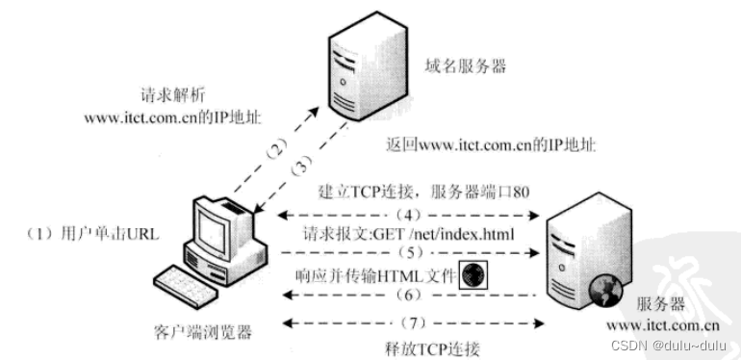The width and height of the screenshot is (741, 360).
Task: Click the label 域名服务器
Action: click(x=464, y=67)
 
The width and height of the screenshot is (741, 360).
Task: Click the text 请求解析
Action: click(x=171, y=97)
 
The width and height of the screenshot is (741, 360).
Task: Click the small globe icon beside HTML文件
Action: click(x=473, y=274)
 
